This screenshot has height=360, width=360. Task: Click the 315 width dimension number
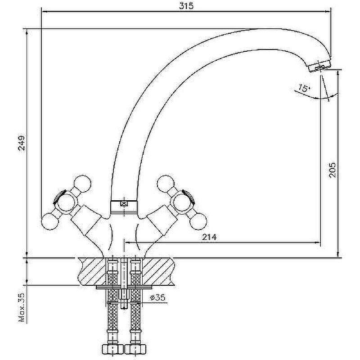point(186,6)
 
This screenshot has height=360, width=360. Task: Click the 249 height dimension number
point(22,143)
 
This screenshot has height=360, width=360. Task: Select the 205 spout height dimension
point(332,170)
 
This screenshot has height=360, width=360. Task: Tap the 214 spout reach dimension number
point(209,237)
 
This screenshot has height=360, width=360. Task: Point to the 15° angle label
point(304,88)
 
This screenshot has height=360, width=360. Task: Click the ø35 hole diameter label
point(157,297)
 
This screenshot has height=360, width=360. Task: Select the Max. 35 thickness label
point(22,307)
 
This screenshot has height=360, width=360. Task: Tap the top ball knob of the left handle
point(83,184)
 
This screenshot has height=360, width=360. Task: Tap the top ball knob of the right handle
point(166,184)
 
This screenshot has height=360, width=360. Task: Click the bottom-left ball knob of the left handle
point(50,221)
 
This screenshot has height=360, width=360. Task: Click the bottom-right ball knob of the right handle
point(198,221)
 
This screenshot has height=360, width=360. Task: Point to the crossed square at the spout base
point(124,203)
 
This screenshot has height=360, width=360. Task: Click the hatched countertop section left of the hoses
point(92,271)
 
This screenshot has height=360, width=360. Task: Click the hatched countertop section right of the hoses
point(158,271)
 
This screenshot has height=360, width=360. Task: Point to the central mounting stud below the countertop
point(124,284)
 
